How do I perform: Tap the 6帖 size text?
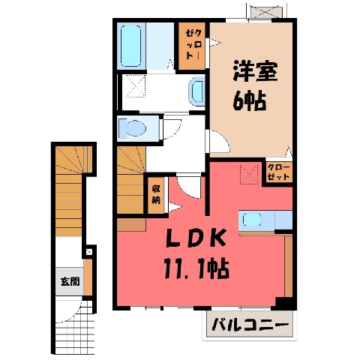(x=249, y=101)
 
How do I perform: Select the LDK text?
(x=196, y=238)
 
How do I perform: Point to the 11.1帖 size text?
(x=196, y=269)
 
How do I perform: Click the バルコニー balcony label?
(x=250, y=325)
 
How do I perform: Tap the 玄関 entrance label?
(x=70, y=282)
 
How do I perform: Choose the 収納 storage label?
(x=156, y=195)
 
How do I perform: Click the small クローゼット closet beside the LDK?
(x=279, y=172)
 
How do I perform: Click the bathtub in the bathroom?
(x=130, y=46)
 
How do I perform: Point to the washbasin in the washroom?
(x=196, y=91)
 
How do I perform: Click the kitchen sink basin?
(x=253, y=220)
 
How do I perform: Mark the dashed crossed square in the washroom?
(x=136, y=86)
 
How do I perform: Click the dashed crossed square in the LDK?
(x=249, y=174)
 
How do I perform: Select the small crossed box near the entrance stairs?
(x=89, y=252)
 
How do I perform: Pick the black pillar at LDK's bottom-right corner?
(x=286, y=304)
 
